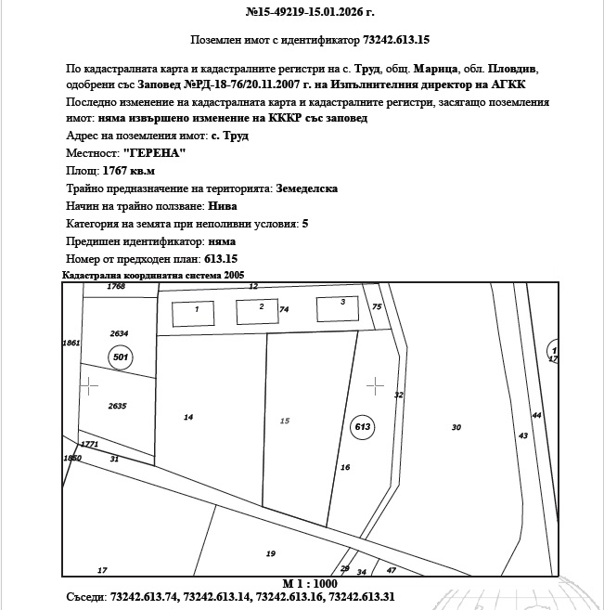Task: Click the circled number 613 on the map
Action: pos(363,426)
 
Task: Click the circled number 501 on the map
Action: pos(120,357)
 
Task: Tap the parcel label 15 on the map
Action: pos(285,421)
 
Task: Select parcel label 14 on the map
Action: pos(188,418)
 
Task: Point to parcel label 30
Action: pos(456,427)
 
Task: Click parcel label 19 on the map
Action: pos(270,553)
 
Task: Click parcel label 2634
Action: pos(119,333)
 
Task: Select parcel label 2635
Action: pos(117,406)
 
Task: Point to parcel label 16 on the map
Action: pos(345,467)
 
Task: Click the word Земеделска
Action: pos(305,188)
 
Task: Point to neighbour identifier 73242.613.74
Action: pos(145,597)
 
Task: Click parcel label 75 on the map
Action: pos(377,306)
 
